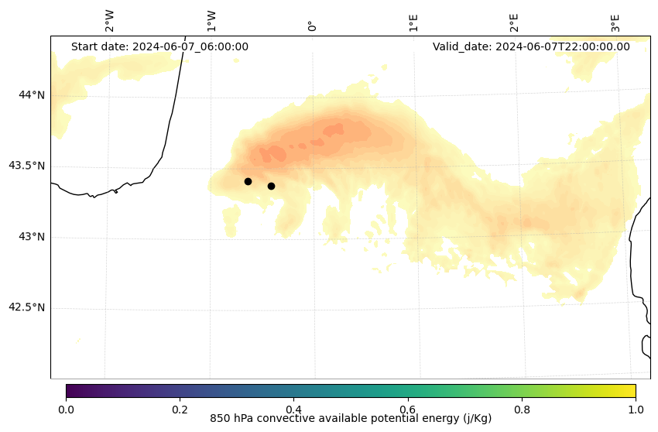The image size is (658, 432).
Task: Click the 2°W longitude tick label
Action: (109, 21)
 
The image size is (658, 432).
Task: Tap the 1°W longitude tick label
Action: (211, 21)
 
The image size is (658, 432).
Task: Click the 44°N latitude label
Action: (32, 95)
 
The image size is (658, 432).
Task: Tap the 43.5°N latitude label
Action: (26, 166)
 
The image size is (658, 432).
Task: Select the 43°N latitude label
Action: (32, 237)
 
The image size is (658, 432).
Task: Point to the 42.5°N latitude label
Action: (26, 307)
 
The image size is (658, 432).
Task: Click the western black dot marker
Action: (248, 181)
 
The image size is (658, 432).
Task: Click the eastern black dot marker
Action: (271, 186)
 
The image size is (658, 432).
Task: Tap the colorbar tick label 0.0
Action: (66, 409)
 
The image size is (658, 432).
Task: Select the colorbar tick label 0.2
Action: (180, 409)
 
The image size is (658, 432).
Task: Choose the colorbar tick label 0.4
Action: (293, 409)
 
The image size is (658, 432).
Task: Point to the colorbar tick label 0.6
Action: (408, 409)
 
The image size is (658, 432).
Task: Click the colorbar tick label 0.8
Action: (522, 409)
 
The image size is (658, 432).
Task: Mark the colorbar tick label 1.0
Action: (636, 409)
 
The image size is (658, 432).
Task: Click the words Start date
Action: (99, 46)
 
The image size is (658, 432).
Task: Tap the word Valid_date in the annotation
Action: (461, 46)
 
